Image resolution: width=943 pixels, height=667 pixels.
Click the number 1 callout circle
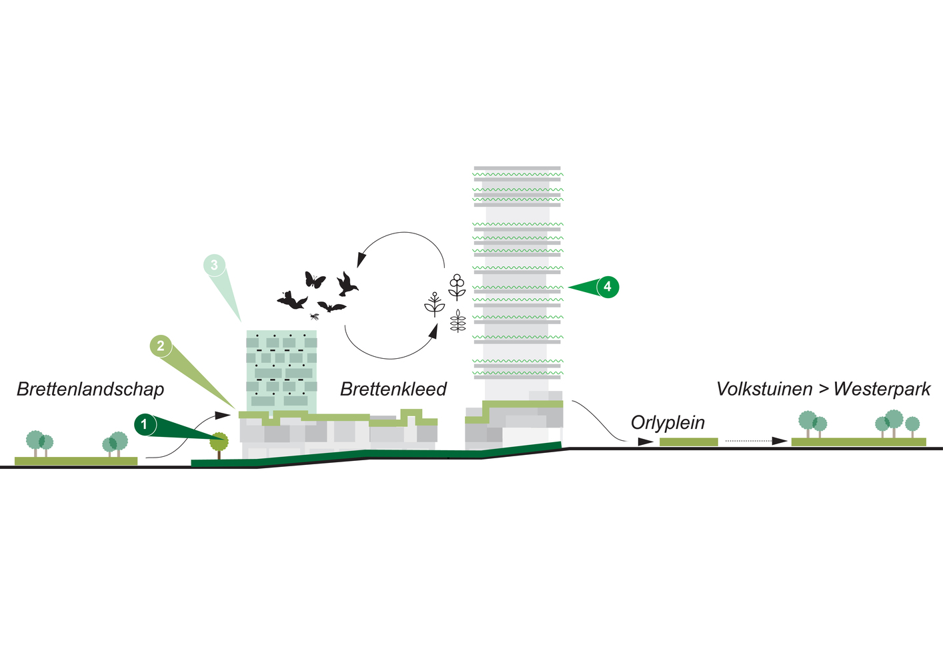144,424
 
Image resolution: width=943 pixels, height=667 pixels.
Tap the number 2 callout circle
161,346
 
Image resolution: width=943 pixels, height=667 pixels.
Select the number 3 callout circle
214,265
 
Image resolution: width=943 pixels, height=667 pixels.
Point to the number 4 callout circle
608,287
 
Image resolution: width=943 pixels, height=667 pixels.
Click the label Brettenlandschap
90,389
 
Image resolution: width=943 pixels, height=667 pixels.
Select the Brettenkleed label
393,389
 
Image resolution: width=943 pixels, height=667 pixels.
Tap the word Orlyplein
668,422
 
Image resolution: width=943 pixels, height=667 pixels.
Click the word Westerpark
882,389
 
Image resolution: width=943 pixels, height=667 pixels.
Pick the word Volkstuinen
764,389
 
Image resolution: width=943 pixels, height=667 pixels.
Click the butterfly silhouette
315,279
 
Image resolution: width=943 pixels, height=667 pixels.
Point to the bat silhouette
331,307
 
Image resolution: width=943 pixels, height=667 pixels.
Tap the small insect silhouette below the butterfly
314,316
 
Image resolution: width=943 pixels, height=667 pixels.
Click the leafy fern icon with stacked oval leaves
457,321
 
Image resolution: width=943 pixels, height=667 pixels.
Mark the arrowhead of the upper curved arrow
361,259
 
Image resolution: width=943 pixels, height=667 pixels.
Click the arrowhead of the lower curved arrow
433,331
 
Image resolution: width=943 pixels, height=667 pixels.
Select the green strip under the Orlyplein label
688,442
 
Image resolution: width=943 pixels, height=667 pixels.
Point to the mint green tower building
281,370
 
